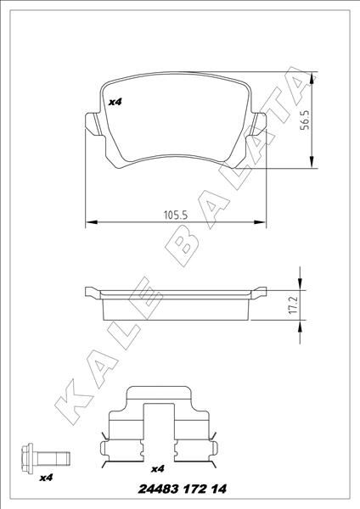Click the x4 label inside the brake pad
(115, 102)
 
